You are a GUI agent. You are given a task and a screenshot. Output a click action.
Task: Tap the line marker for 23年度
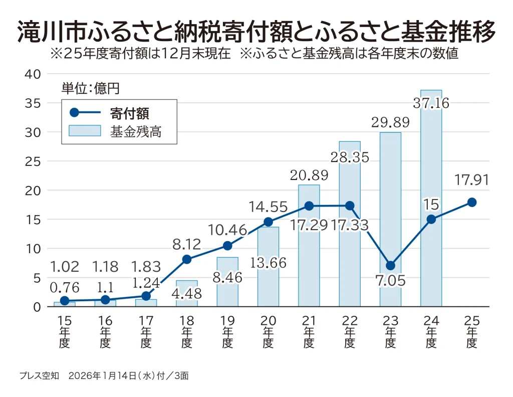coord(390,265)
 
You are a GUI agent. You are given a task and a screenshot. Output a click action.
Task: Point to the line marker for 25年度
coord(471,202)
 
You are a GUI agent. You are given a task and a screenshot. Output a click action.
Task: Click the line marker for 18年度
coord(187,259)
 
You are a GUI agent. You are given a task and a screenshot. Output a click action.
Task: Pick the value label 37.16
coord(431,104)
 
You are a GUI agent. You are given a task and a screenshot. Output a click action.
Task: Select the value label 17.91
coord(471,180)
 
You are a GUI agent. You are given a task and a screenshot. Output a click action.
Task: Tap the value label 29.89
coord(390,122)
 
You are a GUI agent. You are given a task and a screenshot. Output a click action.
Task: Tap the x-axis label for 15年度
coord(64,332)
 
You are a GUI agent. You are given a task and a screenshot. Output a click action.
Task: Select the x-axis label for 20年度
coord(268,332)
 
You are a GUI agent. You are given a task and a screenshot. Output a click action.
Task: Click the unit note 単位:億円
coord(90,88)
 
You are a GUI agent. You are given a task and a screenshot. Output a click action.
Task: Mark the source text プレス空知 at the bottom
coord(40,375)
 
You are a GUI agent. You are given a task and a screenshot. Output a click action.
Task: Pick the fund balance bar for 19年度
coord(227,281)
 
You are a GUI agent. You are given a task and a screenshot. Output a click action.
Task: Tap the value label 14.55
coord(269,207)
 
